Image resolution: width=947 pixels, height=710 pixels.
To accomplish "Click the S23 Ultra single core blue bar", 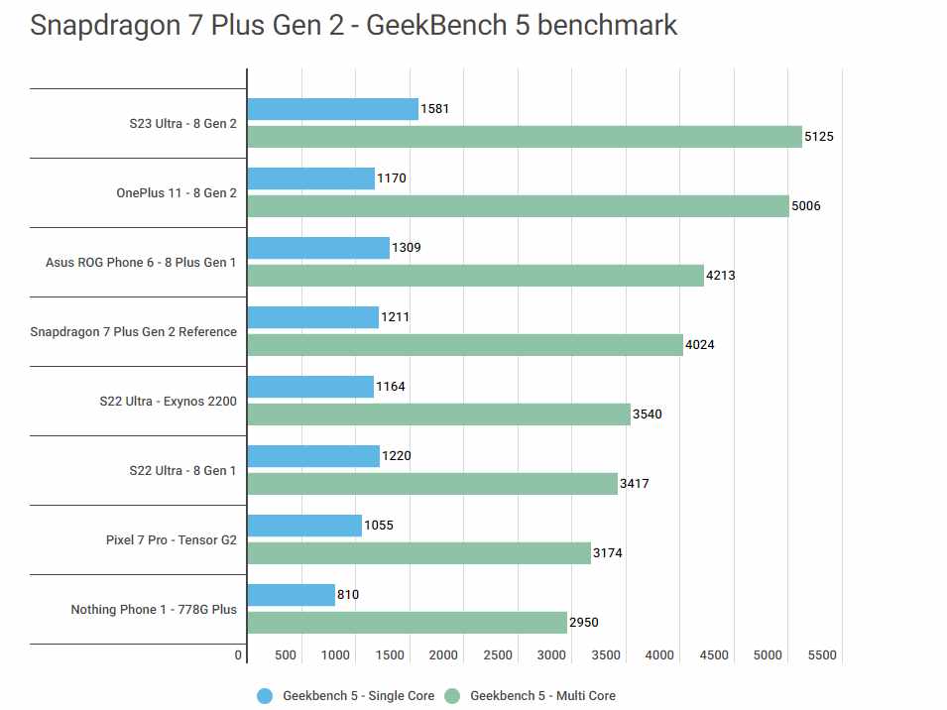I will click(x=332, y=109).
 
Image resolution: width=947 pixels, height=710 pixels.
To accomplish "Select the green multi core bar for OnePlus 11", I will click(x=518, y=206).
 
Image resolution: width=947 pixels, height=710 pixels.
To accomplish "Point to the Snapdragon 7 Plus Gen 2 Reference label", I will click(x=134, y=331).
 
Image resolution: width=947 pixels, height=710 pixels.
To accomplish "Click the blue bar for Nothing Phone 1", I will click(x=291, y=595).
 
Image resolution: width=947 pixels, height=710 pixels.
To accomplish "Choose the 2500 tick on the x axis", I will click(x=498, y=655).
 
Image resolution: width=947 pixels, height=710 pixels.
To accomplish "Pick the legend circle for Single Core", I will click(x=265, y=696).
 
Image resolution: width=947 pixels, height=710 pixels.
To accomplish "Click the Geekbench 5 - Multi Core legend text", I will click(x=542, y=696).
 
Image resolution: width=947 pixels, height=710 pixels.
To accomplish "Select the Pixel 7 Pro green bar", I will click(x=418, y=553).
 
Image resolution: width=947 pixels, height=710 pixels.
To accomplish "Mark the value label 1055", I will click(x=379, y=526).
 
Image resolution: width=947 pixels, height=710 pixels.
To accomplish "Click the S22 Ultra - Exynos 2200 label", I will click(x=169, y=401).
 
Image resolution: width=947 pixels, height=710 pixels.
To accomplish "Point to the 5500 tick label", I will click(x=822, y=655).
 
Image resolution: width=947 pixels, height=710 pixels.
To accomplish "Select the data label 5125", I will click(x=819, y=137).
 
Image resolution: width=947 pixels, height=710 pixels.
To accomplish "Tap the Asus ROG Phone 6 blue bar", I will click(x=318, y=248).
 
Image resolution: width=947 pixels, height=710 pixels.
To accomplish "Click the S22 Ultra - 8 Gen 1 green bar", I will click(x=432, y=484).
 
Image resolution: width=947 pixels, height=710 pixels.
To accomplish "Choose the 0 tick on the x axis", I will click(x=239, y=655).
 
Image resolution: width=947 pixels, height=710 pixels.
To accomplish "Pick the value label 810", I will click(x=347, y=595).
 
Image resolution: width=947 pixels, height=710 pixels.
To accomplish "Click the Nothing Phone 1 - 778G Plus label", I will click(x=154, y=609).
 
